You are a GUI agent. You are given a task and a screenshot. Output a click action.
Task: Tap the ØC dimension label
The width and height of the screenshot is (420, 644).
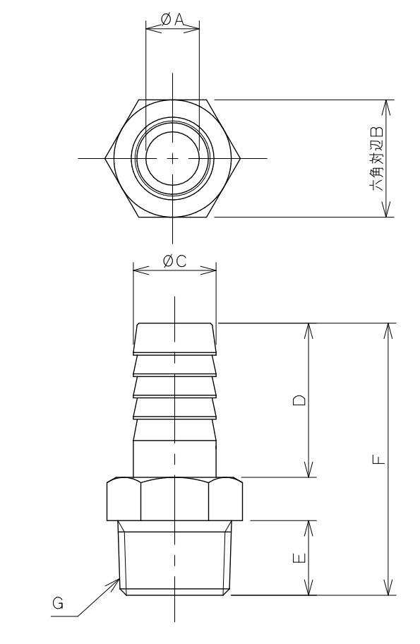(x=174, y=261)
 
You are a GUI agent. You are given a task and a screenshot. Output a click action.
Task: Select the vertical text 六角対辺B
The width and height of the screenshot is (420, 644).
(x=376, y=159)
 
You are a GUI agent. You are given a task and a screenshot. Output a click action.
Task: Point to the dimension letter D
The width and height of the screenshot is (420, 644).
(x=300, y=400)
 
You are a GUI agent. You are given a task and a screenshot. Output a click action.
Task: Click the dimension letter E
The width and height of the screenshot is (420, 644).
(x=300, y=558)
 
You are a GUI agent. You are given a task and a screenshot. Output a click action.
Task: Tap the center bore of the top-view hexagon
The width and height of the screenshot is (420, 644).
(x=174, y=158)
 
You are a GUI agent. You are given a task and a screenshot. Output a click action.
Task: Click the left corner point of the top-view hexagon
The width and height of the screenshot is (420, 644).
(x=106, y=158)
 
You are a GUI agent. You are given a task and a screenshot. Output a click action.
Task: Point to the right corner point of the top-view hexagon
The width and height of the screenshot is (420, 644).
(x=241, y=158)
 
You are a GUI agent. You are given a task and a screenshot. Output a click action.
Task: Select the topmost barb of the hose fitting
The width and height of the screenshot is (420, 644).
(x=174, y=338)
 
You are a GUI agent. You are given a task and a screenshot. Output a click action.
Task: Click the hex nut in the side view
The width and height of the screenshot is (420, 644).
(x=174, y=499)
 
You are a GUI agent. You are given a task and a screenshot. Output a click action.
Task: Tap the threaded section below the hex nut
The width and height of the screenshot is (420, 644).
(x=174, y=558)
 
